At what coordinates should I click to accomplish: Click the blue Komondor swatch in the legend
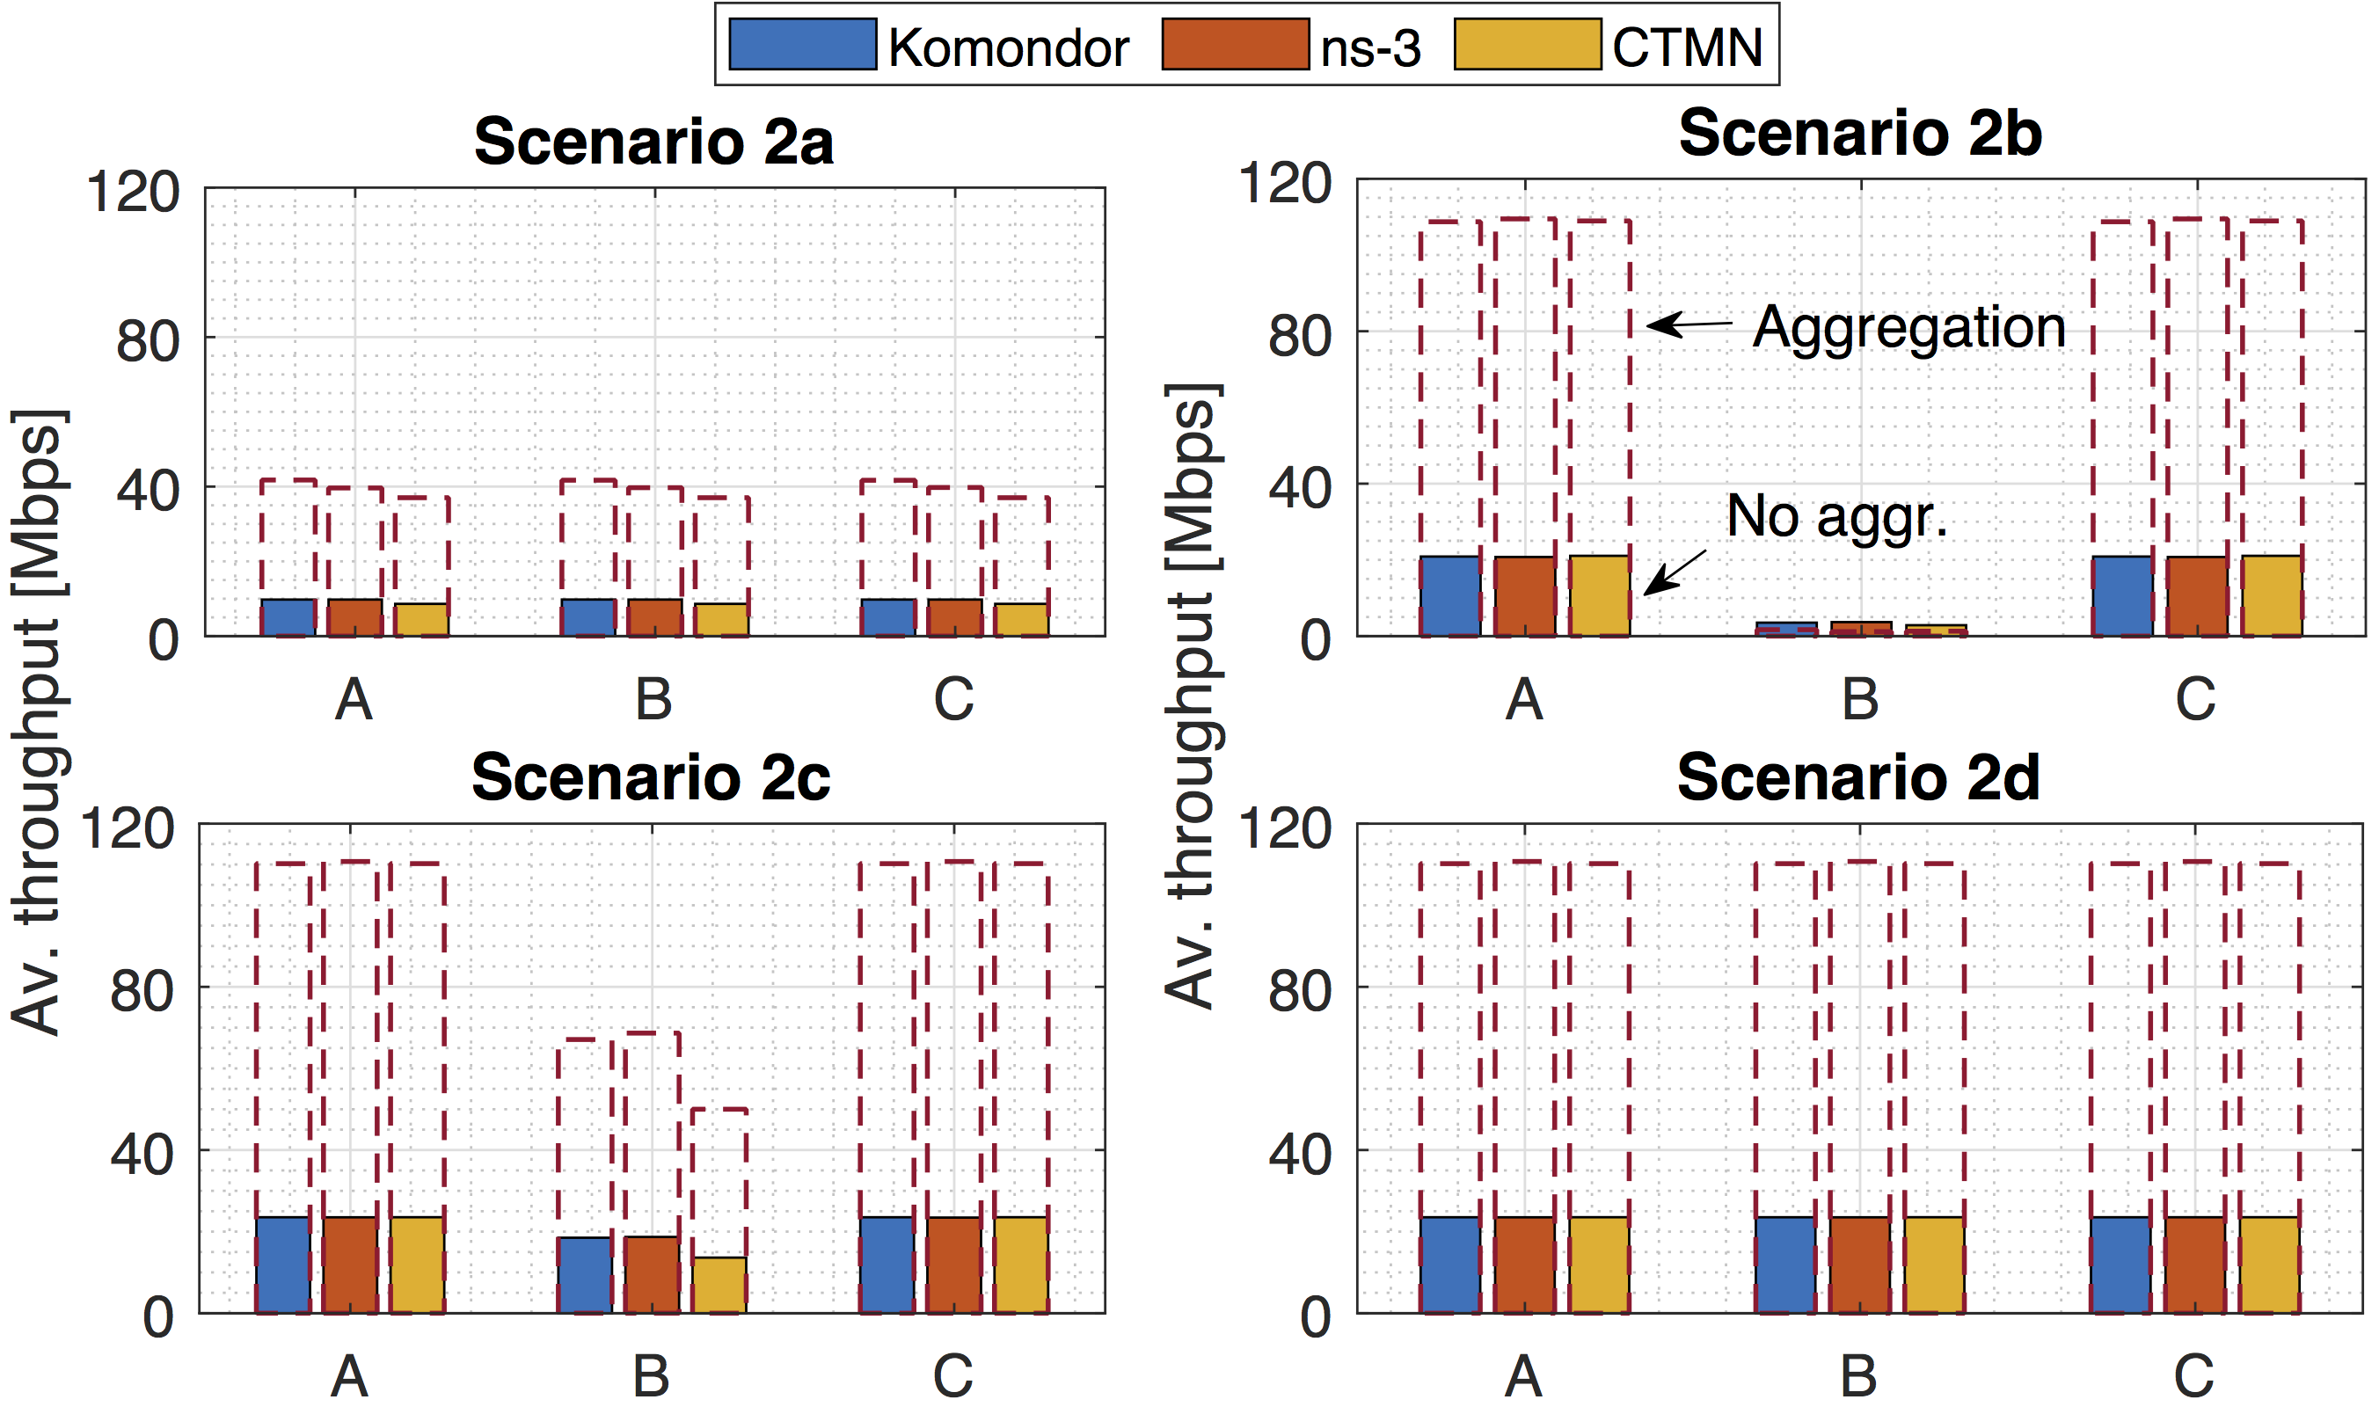(x=802, y=45)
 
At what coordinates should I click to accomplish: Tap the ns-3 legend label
(x=1370, y=47)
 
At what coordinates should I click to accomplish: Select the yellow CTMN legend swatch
(x=1527, y=45)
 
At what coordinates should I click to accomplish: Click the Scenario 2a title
(x=653, y=142)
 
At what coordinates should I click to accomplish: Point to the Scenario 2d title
(x=1857, y=778)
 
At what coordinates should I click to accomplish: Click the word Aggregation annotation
(x=1908, y=328)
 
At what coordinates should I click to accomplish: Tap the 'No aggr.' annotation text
(x=1836, y=517)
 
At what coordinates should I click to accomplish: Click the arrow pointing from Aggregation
(x=1689, y=324)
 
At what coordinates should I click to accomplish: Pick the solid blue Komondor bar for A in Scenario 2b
(x=1449, y=595)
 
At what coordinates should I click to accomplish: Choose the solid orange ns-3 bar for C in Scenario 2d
(x=2195, y=1265)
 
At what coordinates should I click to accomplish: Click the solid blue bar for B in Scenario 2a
(x=587, y=617)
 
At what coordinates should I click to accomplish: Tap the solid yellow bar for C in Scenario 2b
(x=2271, y=595)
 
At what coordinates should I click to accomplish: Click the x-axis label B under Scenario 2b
(x=1859, y=701)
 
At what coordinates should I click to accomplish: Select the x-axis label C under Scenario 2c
(x=953, y=1375)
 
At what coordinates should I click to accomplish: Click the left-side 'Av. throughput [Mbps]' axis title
(x=38, y=720)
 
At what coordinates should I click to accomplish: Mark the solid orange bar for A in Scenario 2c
(x=350, y=1265)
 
